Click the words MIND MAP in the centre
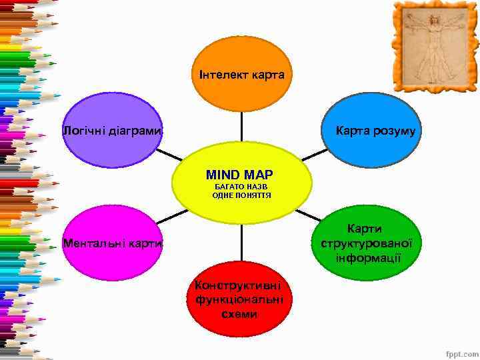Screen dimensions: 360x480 click(x=239, y=175)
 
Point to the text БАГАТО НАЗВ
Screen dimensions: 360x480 click(x=241, y=187)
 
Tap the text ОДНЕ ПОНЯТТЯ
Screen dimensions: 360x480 click(x=241, y=195)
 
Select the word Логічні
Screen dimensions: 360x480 click(x=84, y=131)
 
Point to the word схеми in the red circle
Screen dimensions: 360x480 click(x=239, y=314)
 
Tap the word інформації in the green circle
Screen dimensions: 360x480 click(x=369, y=258)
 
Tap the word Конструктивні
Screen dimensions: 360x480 click(x=239, y=285)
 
